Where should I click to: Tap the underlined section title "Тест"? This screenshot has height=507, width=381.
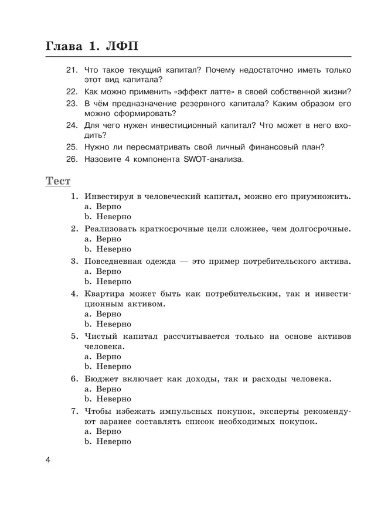pyautogui.click(x=58, y=181)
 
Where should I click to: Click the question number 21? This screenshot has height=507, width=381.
pyautogui.click(x=72, y=70)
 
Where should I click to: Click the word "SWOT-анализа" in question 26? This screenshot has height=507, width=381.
pyautogui.click(x=214, y=158)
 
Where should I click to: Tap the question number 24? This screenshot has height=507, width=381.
pyautogui.click(x=72, y=125)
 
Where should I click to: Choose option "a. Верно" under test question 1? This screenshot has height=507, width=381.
pyautogui.click(x=103, y=206)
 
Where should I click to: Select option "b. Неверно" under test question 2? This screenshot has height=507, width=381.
pyautogui.click(x=108, y=249)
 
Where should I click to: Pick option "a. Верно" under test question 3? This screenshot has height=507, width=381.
pyautogui.click(x=103, y=271)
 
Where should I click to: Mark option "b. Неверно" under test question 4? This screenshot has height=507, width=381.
pyautogui.click(x=108, y=324)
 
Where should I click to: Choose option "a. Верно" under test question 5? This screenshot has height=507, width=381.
pyautogui.click(x=103, y=356)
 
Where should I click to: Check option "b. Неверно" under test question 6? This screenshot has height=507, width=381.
pyautogui.click(x=108, y=399)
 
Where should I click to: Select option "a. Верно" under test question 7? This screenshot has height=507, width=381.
pyautogui.click(x=103, y=431)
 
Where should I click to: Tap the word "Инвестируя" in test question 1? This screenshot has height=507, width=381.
pyautogui.click(x=111, y=196)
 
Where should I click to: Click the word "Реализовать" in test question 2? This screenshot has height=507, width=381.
pyautogui.click(x=114, y=228)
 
